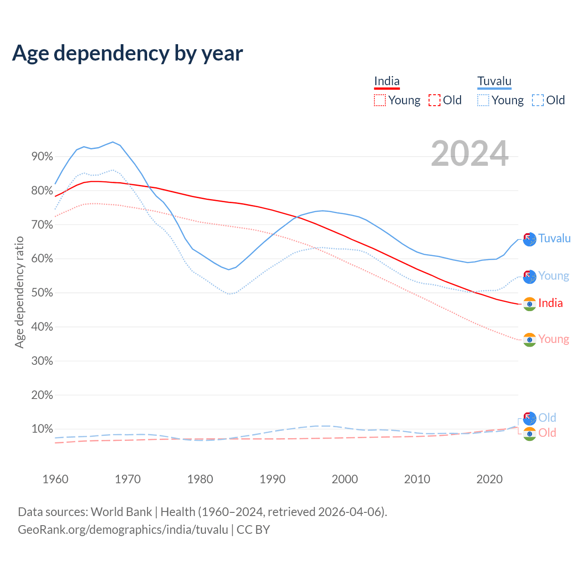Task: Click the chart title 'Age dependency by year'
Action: point(128,53)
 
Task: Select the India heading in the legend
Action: point(387,82)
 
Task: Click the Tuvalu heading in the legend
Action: point(494,82)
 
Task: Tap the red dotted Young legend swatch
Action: point(379,100)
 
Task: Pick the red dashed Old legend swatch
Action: point(435,100)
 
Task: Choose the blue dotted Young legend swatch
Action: point(483,100)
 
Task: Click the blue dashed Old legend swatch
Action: point(538,100)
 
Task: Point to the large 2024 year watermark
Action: point(470,154)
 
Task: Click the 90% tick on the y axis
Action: point(42,157)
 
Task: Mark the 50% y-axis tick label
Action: point(42,293)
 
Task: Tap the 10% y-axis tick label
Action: point(42,429)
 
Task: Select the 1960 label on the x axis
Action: point(55,479)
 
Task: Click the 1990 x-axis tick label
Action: point(272,479)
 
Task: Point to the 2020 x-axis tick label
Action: point(489,479)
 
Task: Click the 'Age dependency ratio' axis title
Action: point(19,292)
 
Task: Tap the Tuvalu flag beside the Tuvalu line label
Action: point(529,239)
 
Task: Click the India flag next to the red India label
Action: point(529,304)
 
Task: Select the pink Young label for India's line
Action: point(553,339)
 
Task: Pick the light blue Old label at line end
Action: point(547,418)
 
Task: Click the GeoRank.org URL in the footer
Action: point(123,530)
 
